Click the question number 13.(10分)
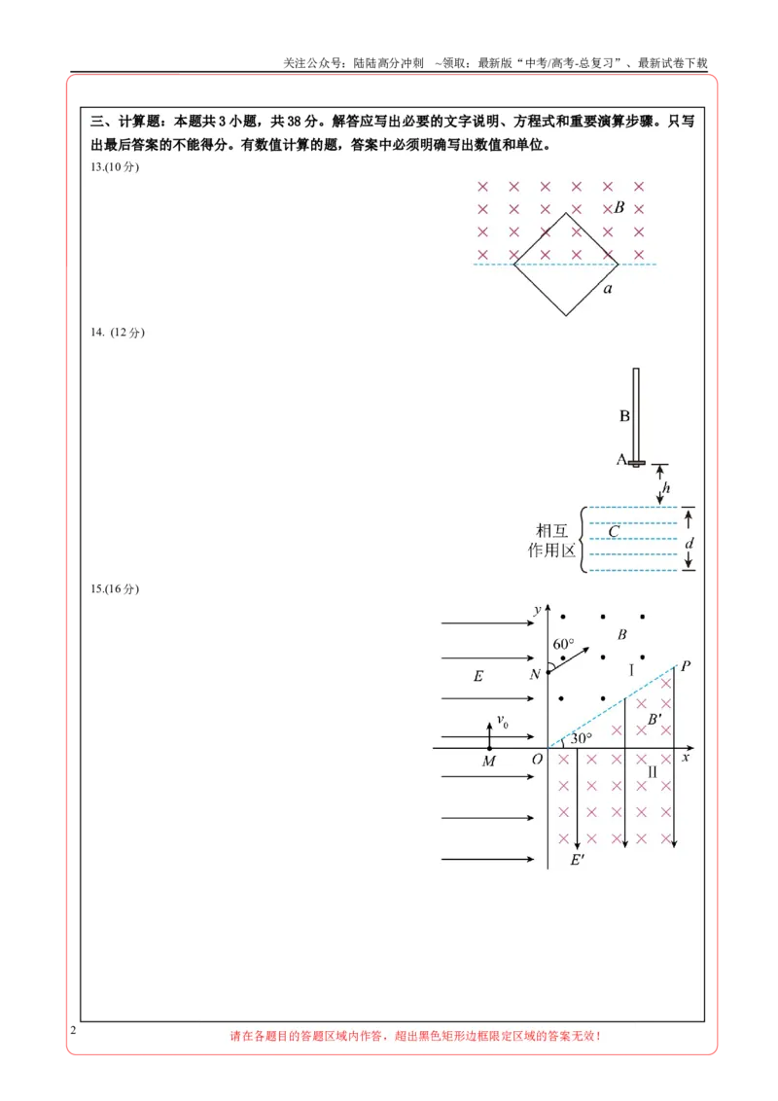[115, 167]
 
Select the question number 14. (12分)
[118, 332]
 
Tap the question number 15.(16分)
[115, 589]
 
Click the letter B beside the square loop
[619, 207]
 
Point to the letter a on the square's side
[608, 289]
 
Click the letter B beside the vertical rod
[624, 416]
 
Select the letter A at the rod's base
[621, 459]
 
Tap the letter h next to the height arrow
[666, 487]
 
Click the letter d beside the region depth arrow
[689, 543]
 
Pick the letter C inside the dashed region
[614, 532]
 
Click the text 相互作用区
[552, 541]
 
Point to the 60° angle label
[563, 644]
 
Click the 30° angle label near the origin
[581, 738]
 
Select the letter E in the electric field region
[478, 676]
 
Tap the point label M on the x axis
[489, 762]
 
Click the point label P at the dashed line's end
[686, 665]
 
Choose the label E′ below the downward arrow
[578, 860]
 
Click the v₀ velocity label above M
[503, 721]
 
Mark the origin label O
[537, 759]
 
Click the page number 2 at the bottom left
[73, 1030]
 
